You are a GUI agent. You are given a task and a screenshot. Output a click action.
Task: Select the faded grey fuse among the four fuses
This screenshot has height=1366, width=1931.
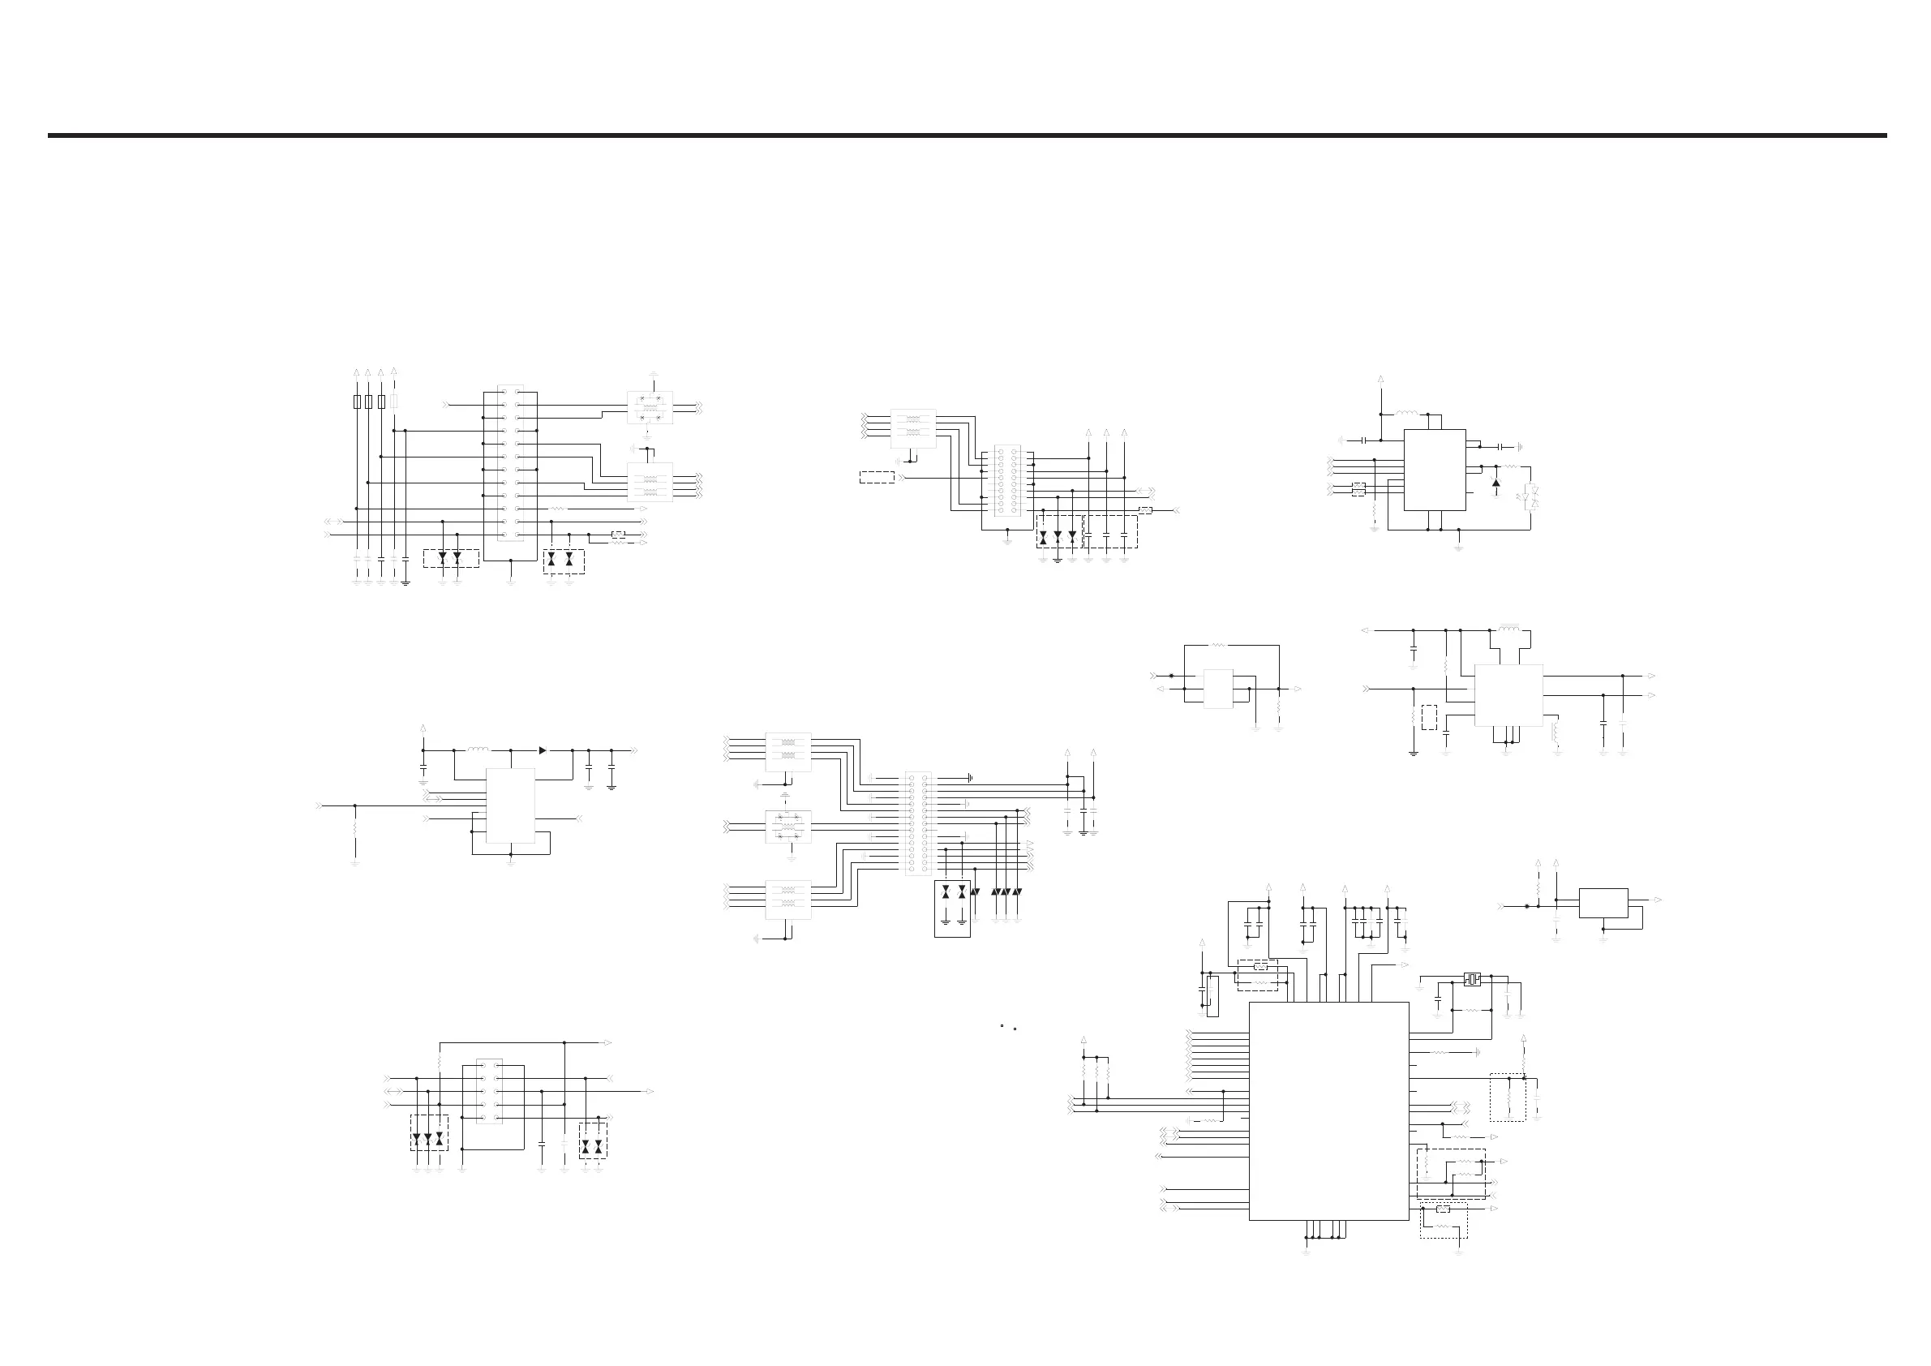tap(394, 402)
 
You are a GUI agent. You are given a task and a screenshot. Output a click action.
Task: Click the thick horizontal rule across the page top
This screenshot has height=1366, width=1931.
tap(968, 135)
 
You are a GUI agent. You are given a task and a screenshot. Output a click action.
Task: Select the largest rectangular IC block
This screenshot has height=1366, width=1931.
tap(1328, 1110)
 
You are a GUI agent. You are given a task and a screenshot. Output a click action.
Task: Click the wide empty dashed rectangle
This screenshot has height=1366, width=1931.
tap(877, 477)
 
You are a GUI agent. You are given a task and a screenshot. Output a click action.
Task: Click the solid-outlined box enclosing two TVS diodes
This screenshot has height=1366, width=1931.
tap(952, 908)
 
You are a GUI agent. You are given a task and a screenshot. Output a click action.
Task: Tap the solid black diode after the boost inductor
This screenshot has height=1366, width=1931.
tap(543, 750)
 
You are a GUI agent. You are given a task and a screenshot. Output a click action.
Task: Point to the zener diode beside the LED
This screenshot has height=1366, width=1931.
tap(1495, 482)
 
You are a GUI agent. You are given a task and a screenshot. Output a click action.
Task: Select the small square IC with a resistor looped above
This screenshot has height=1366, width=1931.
tap(1219, 688)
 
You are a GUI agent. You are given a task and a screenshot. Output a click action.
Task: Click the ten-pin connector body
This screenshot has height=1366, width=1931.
tap(490, 1090)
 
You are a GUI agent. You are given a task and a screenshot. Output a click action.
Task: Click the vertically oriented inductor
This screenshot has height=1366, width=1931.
tap(1554, 732)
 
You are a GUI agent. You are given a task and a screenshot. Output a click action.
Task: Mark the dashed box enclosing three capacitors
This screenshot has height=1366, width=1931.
tap(1111, 531)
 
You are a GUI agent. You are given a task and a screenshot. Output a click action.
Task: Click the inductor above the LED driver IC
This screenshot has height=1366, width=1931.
tap(1407, 413)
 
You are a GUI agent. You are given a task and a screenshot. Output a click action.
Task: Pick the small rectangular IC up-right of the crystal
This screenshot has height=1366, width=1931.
tap(1603, 903)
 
